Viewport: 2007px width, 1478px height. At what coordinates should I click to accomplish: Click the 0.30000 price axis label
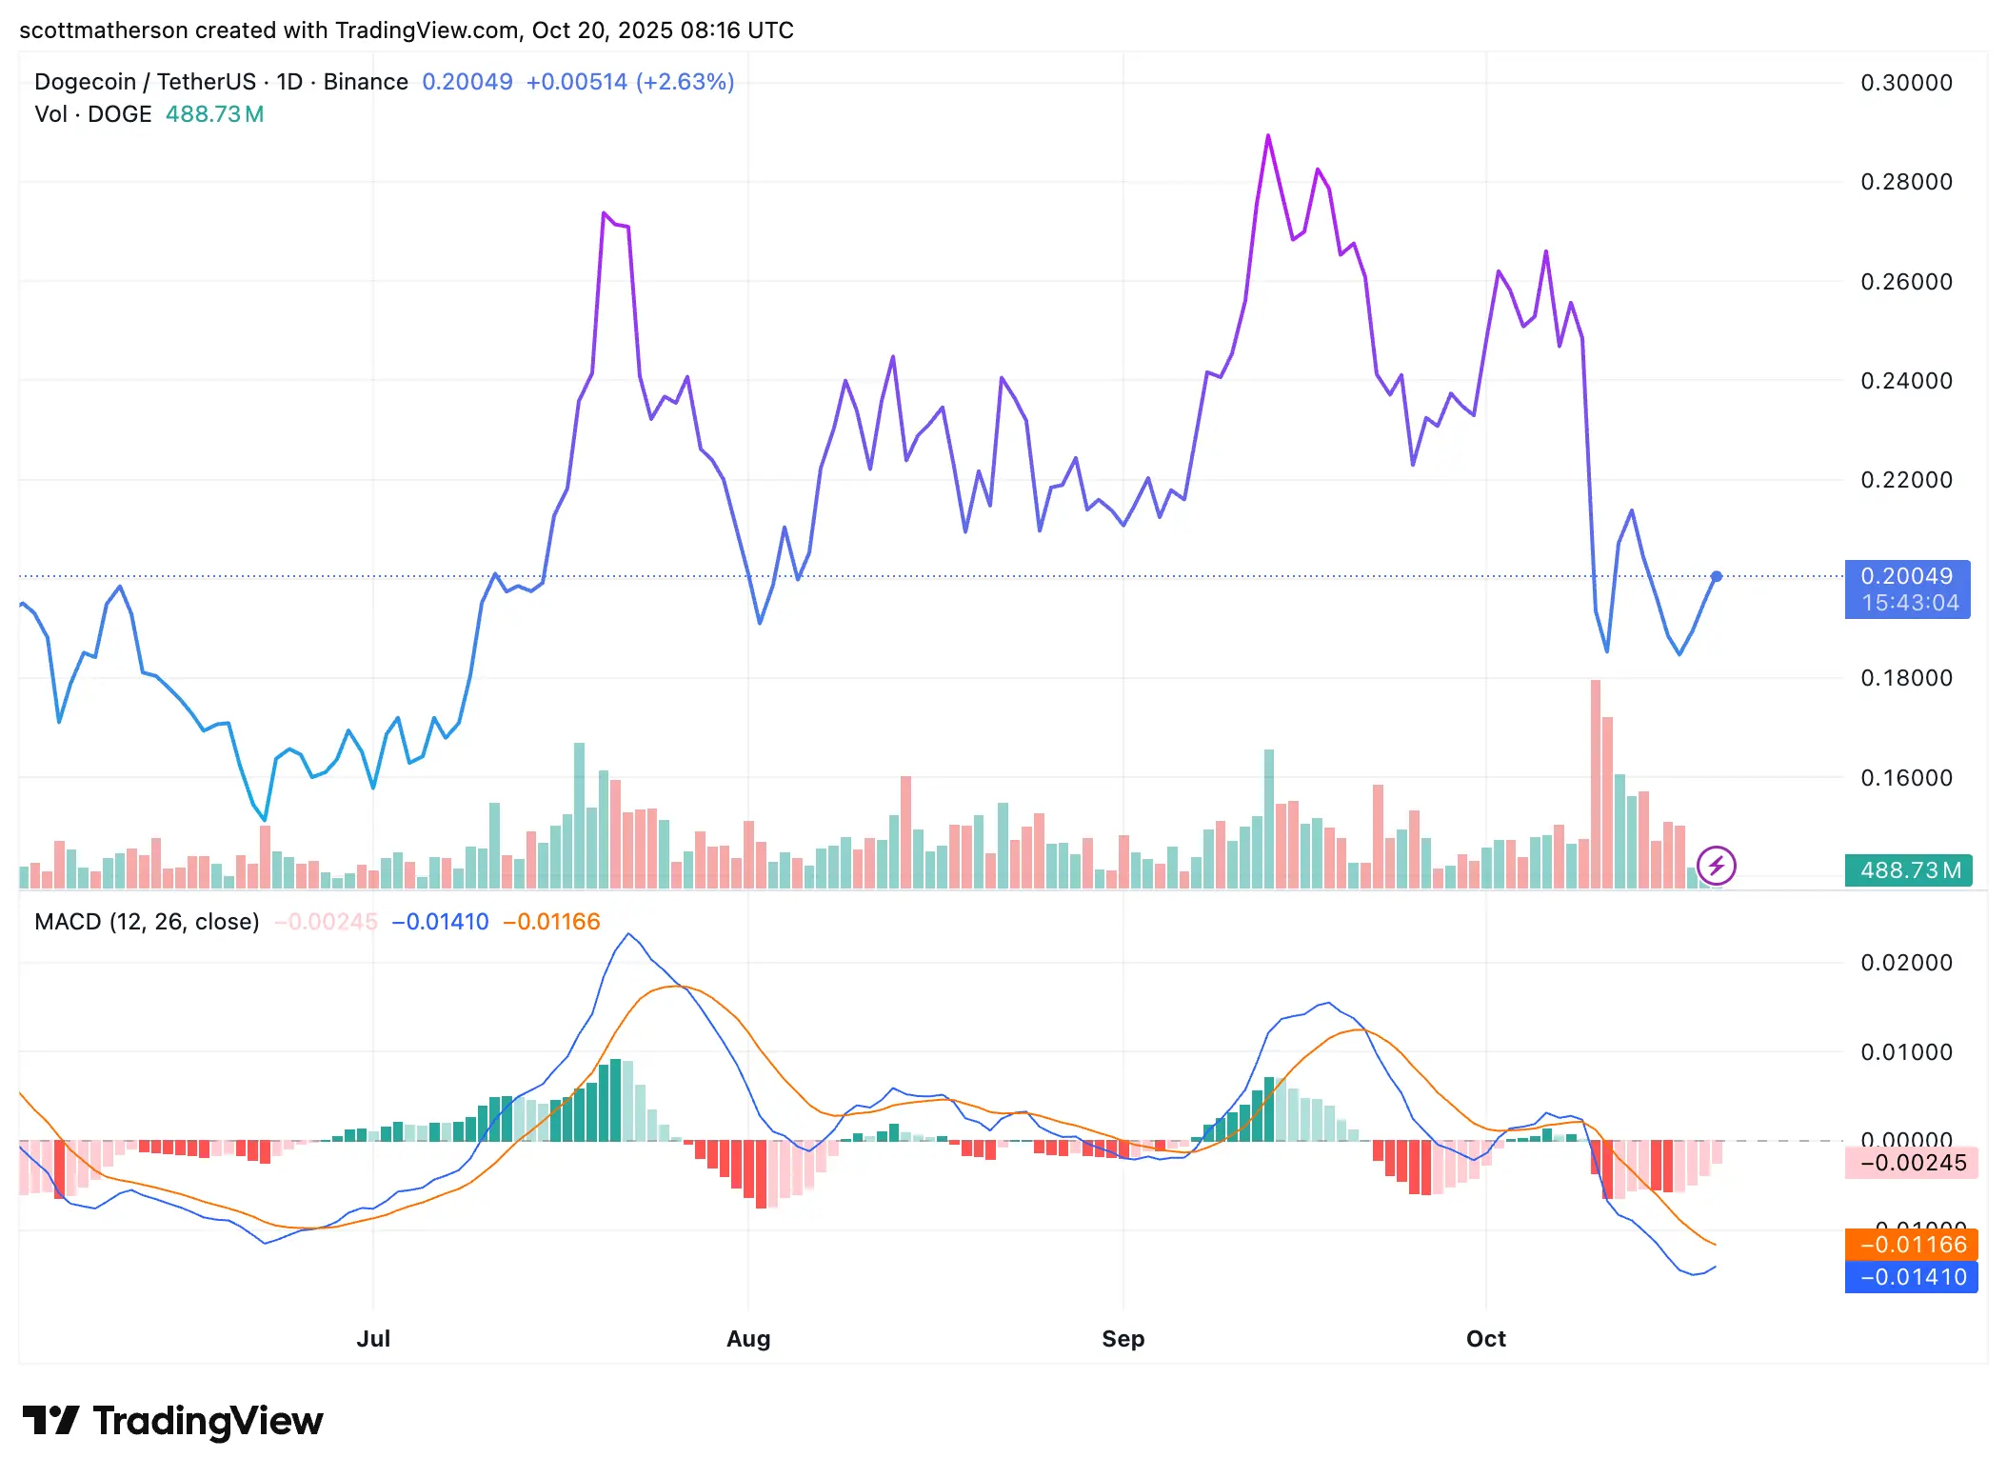pyautogui.click(x=1905, y=83)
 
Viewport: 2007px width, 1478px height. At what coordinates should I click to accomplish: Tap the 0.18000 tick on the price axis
pyautogui.click(x=1905, y=678)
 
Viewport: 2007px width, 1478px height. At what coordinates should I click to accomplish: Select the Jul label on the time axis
pyautogui.click(x=373, y=1339)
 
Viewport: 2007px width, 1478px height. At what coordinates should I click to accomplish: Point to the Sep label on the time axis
pyautogui.click(x=1123, y=1339)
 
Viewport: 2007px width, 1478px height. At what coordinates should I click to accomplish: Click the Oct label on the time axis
pyautogui.click(x=1485, y=1339)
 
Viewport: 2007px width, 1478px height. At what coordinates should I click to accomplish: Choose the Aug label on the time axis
pyautogui.click(x=748, y=1339)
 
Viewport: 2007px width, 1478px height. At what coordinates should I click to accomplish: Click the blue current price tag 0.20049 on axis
pyautogui.click(x=1906, y=577)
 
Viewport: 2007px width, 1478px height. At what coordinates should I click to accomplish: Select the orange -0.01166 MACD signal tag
pyautogui.click(x=1911, y=1245)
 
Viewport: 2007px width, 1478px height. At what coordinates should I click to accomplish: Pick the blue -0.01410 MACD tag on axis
pyautogui.click(x=1911, y=1277)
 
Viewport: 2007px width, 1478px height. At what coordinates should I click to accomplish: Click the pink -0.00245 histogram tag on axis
pyautogui.click(x=1911, y=1163)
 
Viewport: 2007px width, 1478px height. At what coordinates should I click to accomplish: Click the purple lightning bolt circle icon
pyautogui.click(x=1717, y=866)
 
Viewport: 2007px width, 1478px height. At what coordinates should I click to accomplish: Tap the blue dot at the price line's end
pyautogui.click(x=1717, y=576)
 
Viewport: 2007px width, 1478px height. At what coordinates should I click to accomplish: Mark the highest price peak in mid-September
pyautogui.click(x=1268, y=136)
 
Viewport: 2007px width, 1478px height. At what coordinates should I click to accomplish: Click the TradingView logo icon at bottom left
pyautogui.click(x=50, y=1420)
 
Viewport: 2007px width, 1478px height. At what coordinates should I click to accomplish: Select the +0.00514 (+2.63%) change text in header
pyautogui.click(x=629, y=82)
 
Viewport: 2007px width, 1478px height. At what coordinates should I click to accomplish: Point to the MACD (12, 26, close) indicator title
pyautogui.click(x=147, y=922)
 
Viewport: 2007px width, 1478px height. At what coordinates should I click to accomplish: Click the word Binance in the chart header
pyautogui.click(x=366, y=82)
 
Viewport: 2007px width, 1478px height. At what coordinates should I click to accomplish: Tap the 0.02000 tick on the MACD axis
pyautogui.click(x=1905, y=963)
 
